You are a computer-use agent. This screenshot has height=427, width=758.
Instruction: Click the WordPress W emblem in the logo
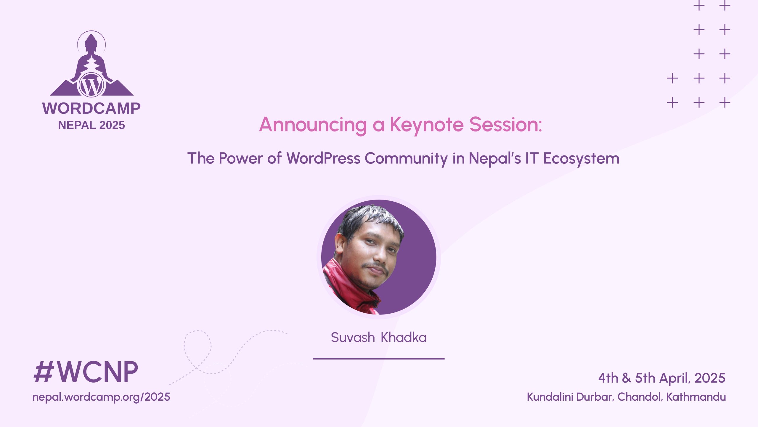point(91,85)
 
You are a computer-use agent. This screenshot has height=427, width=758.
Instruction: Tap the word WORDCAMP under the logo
point(91,108)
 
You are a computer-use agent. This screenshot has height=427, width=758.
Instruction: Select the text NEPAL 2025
point(91,125)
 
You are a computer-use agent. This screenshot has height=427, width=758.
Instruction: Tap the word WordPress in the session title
point(323,158)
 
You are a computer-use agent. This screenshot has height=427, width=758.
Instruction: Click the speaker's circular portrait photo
point(379,257)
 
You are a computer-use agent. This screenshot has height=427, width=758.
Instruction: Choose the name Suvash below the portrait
point(353,338)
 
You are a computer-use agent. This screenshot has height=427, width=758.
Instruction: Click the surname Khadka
point(404,337)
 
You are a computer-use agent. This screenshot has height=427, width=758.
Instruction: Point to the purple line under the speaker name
point(379,359)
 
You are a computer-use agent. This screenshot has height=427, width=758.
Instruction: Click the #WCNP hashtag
point(86,372)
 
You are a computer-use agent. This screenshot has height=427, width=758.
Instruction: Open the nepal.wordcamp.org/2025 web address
point(101,397)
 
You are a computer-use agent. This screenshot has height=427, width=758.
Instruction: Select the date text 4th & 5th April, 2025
point(662,378)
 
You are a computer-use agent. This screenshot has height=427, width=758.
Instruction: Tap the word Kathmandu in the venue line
point(696,397)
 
